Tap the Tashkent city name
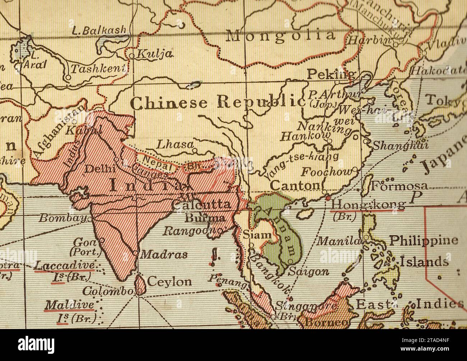click(x=98, y=69)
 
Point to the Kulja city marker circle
click(x=131, y=56)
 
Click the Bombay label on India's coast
click(x=63, y=218)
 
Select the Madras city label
click(x=163, y=255)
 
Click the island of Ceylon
click(x=140, y=284)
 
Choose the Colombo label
click(x=107, y=291)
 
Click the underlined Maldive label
click(x=69, y=305)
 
